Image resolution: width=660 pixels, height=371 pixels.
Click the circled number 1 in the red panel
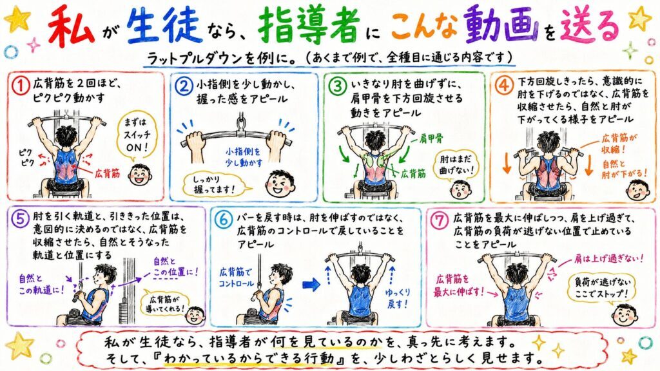[x=20, y=86]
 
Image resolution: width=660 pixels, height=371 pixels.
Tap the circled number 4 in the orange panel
[x=503, y=86]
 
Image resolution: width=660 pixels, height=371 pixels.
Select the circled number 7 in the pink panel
[x=440, y=220]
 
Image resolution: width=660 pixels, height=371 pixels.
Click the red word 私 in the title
[x=71, y=26]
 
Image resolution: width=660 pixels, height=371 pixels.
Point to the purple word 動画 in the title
[x=501, y=24]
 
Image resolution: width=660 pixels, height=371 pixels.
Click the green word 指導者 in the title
[x=309, y=25]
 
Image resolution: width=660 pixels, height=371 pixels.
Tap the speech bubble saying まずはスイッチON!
[x=137, y=135]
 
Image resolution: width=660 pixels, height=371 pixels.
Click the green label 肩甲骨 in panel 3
[x=431, y=138]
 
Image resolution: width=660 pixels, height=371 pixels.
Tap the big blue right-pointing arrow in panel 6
[x=311, y=285]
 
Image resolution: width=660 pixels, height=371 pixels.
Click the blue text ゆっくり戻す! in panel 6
[x=396, y=298]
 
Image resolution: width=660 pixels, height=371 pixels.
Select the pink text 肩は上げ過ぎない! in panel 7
[x=608, y=259]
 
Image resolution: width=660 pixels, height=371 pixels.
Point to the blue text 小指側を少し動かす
[x=244, y=157]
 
